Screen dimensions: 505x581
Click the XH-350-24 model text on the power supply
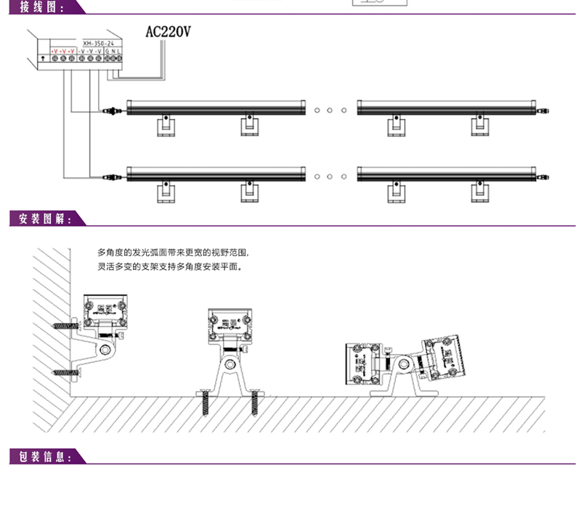[101, 44]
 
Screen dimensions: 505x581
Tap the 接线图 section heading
[38, 8]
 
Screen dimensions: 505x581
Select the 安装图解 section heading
[40, 218]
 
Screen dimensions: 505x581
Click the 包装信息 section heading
[40, 456]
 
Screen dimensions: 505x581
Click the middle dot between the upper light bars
[330, 110]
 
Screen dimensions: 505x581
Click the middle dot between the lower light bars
[330, 176]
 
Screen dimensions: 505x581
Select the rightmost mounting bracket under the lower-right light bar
[479, 192]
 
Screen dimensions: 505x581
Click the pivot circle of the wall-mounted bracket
[106, 350]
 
